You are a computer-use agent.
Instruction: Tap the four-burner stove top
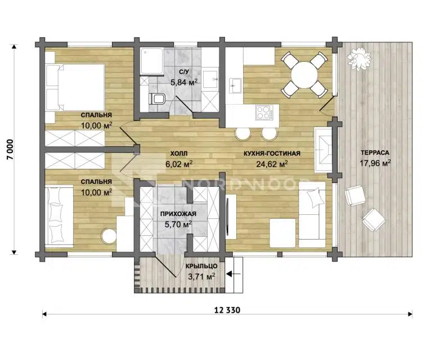pos(263,112)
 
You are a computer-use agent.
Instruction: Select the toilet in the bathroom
pos(156,99)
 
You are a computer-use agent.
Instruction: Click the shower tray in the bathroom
pos(152,61)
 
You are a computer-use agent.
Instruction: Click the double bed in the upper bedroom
pos(75,87)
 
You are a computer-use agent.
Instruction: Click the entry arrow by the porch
pos(233,274)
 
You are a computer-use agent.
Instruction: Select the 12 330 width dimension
pos(227,310)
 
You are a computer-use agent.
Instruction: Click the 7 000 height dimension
pos(10,149)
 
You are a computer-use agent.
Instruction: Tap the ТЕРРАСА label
pos(375,152)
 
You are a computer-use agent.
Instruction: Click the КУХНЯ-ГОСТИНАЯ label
pos(272,154)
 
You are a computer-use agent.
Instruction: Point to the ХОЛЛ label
pos(179,154)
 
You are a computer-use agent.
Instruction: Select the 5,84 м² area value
pos(184,82)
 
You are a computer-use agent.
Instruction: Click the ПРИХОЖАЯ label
pos(178,214)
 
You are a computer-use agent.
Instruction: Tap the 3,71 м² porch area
pos(201,276)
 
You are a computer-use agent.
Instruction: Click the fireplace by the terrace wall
pos(323,149)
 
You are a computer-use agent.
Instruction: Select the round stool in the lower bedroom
pos(109,236)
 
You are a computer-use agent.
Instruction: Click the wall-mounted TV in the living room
pos(228,217)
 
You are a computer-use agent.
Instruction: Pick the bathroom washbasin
pos(210,79)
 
